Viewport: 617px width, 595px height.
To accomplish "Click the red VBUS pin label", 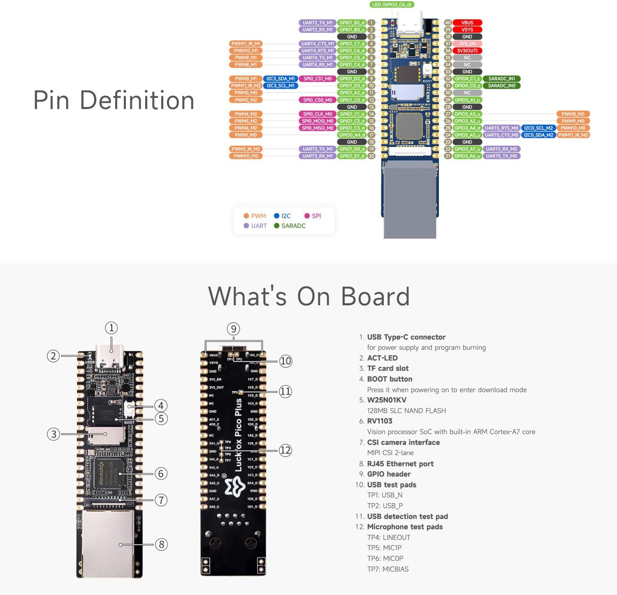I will pos(467,23).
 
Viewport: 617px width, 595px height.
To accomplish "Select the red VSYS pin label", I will pos(467,30).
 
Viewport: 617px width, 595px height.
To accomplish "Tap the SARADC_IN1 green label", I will pos(501,79).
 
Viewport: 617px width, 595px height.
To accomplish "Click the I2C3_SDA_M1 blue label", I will pos(280,79).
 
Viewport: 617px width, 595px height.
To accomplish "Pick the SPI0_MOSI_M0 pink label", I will pos(318,121).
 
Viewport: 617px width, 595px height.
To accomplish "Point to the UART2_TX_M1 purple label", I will pos(317,23).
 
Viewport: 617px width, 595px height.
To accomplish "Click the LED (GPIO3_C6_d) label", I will pos(391,5).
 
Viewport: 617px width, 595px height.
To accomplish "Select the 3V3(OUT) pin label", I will pos(467,51).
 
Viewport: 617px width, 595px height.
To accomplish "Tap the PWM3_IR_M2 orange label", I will pos(246,149).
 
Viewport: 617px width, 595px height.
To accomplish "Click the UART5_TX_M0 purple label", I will pos(501,156).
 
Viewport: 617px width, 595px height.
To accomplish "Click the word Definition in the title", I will pos(137,100).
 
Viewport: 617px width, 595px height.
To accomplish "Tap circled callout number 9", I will pos(234,329).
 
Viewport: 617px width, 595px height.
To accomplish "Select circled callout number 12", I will pos(285,450).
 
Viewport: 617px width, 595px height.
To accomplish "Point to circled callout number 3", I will pos(53,434).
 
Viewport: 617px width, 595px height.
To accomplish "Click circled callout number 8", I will pos(161,544).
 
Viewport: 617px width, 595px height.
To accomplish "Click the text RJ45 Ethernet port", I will pos(400,464).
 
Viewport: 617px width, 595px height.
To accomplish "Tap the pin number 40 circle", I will pos(448,23).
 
